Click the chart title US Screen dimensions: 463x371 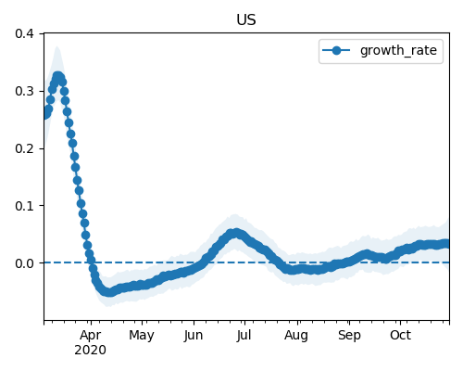pyautogui.click(x=246, y=20)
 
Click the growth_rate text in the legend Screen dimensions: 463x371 pyautogui.click(x=398, y=50)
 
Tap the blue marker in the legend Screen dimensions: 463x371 pyautogui.click(x=336, y=50)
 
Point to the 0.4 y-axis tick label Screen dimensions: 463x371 pyautogui.click(x=24, y=33)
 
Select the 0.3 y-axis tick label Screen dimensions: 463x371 pyautogui.click(x=24, y=91)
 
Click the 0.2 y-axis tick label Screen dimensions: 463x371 pyautogui.click(x=24, y=148)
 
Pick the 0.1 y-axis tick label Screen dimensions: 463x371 pyautogui.click(x=24, y=206)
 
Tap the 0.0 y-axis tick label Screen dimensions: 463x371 pyautogui.click(x=24, y=263)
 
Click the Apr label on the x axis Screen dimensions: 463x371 pyautogui.click(x=91, y=336)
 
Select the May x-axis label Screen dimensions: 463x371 pyautogui.click(x=142, y=336)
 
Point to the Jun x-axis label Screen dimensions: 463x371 pyautogui.click(x=194, y=336)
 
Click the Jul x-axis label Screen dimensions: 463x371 pyautogui.click(x=244, y=336)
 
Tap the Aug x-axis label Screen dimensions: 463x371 pyautogui.click(x=296, y=336)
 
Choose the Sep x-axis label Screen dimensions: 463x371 pyautogui.click(x=349, y=336)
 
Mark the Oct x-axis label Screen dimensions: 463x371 pyautogui.click(x=400, y=335)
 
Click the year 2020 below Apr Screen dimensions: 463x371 pyautogui.click(x=90, y=350)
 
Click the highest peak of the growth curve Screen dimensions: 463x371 pyautogui.click(x=57, y=76)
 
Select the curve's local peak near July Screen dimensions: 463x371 pyautogui.click(x=236, y=233)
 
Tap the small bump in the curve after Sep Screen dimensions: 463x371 pyautogui.click(x=367, y=254)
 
